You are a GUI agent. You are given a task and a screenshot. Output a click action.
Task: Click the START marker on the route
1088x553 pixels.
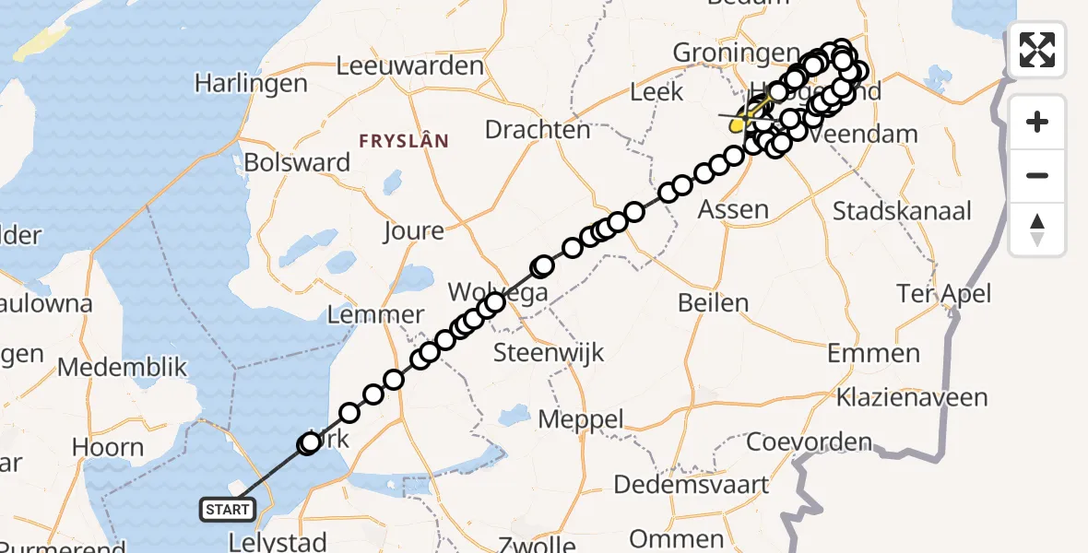227,509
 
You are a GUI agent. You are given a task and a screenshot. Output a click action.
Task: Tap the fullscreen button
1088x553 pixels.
1037,49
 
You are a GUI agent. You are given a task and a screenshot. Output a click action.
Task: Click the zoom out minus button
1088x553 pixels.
1037,175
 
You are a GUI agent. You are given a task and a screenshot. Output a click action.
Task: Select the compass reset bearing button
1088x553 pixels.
1037,229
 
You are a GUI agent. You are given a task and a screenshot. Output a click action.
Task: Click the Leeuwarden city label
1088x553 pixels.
410,66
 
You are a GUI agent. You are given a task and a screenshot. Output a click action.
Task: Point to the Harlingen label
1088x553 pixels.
251,84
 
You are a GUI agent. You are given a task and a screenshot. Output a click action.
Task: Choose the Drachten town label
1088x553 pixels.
538,130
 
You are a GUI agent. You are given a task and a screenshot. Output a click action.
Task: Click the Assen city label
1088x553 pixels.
733,209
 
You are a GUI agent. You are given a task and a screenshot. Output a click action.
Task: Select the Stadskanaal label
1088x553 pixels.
902,211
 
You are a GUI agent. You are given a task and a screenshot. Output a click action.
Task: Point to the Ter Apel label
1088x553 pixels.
944,294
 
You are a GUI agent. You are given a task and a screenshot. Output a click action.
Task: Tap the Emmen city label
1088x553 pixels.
873,353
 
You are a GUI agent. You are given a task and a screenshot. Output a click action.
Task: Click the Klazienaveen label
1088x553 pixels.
911,398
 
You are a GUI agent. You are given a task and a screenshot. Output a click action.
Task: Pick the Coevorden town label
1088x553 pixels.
809,441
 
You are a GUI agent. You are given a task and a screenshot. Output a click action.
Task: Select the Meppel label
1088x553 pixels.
581,418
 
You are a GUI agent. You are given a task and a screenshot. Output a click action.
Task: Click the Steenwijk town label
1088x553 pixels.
549,351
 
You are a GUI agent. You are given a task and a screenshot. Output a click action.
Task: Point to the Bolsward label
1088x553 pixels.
297,163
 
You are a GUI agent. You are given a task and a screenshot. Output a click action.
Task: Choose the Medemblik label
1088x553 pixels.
122,368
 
